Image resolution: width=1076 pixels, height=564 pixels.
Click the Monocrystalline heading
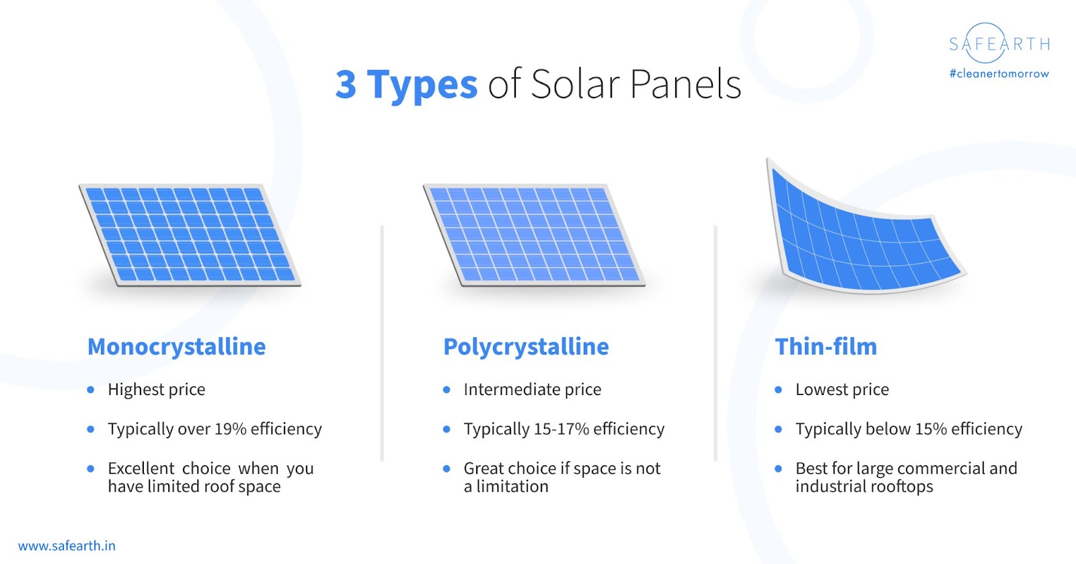pyautogui.click(x=176, y=347)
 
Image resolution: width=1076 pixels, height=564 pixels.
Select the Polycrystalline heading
pyautogui.click(x=526, y=347)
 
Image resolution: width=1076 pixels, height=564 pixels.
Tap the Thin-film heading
pyautogui.click(x=826, y=347)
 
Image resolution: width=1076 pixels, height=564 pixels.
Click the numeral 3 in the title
pyautogui.click(x=346, y=85)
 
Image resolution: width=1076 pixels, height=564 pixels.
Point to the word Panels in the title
pyautogui.click(x=685, y=85)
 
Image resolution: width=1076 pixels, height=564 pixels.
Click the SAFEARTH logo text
pyautogui.click(x=999, y=44)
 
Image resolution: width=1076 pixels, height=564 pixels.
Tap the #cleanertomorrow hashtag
pyautogui.click(x=999, y=73)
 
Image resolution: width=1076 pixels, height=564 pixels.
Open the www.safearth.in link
pyautogui.click(x=67, y=546)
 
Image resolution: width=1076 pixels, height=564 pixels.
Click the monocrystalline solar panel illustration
pyautogui.click(x=190, y=235)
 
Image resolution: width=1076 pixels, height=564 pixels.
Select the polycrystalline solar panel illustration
pyautogui.click(x=534, y=235)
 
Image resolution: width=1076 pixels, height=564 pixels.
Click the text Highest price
pyautogui.click(x=157, y=390)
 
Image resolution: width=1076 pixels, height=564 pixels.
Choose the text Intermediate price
pyautogui.click(x=532, y=390)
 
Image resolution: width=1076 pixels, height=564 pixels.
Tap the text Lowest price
pyautogui.click(x=842, y=390)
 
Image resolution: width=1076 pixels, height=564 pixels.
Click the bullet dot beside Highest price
pyautogui.click(x=91, y=390)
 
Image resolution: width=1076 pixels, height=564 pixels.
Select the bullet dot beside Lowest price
pyautogui.click(x=779, y=390)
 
